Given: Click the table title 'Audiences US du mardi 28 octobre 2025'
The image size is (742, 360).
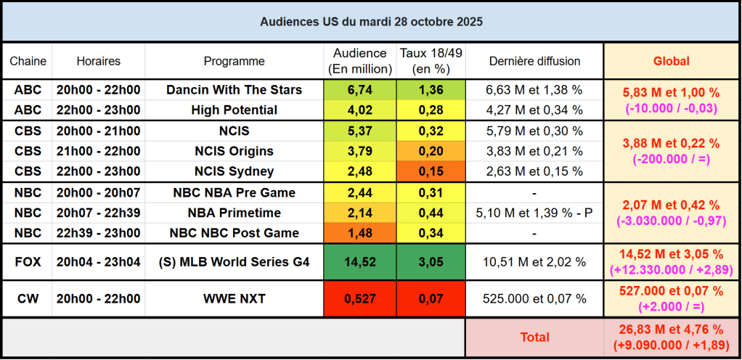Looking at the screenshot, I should point(371,22).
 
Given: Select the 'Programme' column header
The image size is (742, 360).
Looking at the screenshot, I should point(234,62).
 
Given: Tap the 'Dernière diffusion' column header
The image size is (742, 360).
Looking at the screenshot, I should point(534,62).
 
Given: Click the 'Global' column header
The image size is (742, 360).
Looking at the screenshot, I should point(672,62).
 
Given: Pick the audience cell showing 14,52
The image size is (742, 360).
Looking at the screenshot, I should point(360,262).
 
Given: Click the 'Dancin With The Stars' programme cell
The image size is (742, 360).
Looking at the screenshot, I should point(234,90).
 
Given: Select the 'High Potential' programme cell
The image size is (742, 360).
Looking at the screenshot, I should point(234,110).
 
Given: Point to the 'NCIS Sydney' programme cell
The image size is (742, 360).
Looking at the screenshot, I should point(234,171).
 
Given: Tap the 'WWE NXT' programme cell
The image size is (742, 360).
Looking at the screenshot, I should point(234,299).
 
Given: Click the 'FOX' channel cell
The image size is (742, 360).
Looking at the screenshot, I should point(28,262).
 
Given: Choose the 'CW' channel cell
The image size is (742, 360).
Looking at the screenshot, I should point(28,299).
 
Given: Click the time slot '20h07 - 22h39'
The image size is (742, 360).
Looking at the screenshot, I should point(99,213).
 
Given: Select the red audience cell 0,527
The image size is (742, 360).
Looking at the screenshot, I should point(360,299).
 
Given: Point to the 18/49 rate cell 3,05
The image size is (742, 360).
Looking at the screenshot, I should point(431,262).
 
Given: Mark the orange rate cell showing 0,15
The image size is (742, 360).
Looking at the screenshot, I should point(431,171).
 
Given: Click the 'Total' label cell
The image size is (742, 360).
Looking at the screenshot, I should point(534,337).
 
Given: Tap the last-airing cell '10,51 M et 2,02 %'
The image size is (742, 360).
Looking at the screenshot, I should point(534,262).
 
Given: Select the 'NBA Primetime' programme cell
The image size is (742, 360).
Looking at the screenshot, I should point(234,213).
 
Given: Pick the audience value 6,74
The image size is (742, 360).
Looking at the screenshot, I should point(360,90).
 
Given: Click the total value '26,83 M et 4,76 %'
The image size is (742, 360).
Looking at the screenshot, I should point(672,330).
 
